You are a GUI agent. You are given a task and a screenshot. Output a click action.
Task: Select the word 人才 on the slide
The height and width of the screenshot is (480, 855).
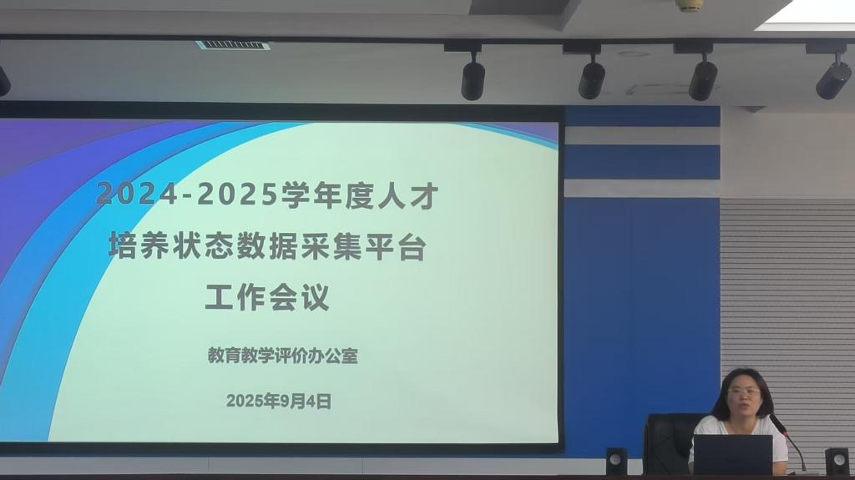point(407,195)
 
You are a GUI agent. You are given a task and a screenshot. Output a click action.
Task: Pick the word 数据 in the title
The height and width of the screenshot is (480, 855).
point(266,245)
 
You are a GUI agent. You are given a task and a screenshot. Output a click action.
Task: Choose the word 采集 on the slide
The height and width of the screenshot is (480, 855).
point(331,245)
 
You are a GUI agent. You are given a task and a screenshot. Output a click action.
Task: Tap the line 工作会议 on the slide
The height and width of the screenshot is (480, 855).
point(267,297)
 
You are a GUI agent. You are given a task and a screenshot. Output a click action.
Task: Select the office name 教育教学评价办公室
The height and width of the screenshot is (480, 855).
point(282,356)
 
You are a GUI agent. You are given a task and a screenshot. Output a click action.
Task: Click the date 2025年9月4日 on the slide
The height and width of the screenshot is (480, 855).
point(279,402)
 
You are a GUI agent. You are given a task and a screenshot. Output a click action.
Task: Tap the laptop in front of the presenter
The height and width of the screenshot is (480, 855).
point(733,454)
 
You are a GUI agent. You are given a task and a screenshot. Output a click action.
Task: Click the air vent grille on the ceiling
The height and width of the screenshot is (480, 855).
point(233,45)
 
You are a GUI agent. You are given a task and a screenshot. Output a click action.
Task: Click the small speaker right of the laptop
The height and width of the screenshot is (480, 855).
point(837,461)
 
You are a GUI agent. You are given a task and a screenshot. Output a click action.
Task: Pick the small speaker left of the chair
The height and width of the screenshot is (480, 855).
point(617,461)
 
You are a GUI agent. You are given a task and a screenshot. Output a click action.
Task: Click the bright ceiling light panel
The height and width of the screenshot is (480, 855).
point(808,12)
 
